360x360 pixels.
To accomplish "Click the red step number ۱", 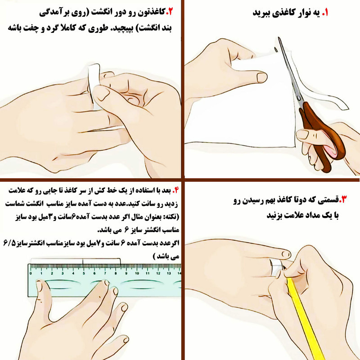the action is coord(324,13).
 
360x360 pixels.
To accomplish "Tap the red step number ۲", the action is coord(170,12).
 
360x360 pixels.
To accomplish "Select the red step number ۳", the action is coord(343,199).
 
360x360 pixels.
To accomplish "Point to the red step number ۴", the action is coord(175,190).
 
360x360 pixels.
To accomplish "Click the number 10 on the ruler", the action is coord(137,273).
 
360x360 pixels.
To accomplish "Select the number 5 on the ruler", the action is coord(84,273).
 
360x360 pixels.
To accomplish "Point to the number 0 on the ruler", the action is coord(31,273).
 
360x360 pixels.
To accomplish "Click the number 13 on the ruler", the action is coord(169,273).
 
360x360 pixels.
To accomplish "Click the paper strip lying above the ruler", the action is coord(75,261).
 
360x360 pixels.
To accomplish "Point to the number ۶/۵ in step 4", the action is coord(9,243).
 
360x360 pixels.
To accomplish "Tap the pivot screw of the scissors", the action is coord(299,98).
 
